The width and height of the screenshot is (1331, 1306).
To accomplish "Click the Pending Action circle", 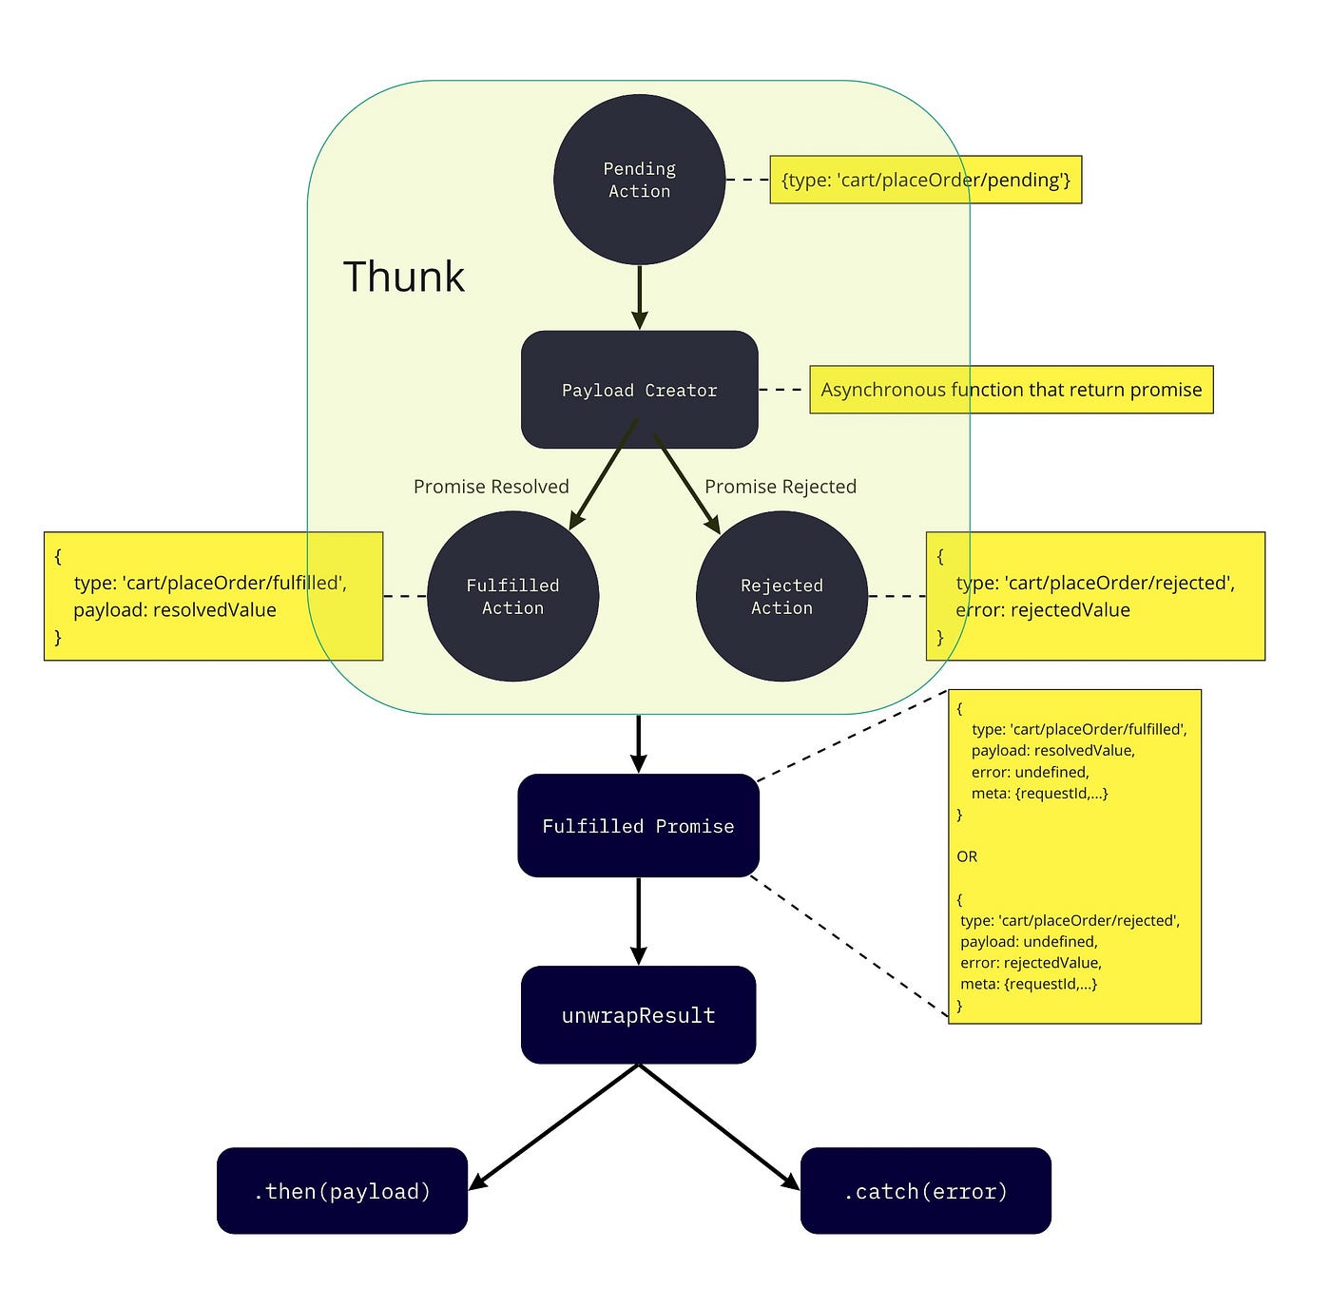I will point(639,180).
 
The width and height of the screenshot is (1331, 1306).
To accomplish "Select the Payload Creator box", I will point(639,390).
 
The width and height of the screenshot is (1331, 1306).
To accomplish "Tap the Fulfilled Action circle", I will point(512,596).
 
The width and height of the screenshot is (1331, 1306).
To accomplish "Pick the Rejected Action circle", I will point(781,596).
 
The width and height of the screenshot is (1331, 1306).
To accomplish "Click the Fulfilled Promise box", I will point(638,825).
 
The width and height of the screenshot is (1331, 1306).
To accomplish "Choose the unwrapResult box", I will point(638,1014).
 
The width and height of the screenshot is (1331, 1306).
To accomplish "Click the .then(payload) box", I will point(342,1190).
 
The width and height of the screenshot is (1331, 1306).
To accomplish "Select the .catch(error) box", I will point(925,1190).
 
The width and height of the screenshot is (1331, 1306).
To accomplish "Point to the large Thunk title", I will point(403,277).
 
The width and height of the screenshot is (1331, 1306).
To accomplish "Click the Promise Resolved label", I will point(491,487).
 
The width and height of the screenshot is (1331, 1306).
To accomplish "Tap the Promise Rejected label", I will point(780,487).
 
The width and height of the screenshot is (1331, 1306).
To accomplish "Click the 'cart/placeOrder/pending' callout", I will point(925,180).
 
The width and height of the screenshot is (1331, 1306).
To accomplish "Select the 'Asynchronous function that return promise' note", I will point(1011,390).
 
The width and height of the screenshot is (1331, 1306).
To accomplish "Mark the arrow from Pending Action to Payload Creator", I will point(639,297).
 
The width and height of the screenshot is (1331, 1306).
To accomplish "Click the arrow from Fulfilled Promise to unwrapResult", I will point(638,920).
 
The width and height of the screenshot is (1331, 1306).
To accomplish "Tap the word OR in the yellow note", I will point(967,856).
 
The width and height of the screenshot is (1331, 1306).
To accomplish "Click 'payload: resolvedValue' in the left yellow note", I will point(175,610).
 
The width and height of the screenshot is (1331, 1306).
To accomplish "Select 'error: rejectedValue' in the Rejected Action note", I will point(1043,610).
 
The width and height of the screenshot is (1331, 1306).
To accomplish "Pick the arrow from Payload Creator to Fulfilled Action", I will point(603,475).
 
